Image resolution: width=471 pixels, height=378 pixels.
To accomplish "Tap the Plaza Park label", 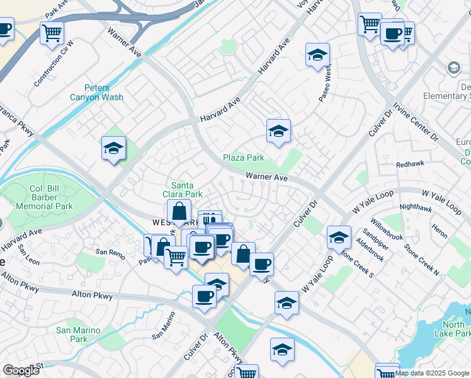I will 244,157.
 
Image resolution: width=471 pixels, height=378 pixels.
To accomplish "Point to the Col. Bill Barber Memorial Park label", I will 52,198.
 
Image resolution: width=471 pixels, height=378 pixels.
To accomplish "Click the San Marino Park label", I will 79,334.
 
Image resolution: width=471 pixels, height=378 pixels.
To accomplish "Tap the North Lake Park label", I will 452,328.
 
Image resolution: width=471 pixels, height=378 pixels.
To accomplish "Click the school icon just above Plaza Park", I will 278,132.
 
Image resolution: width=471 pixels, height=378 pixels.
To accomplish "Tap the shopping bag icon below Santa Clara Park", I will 179,212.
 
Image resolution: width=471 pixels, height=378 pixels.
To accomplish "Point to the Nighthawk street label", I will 415,206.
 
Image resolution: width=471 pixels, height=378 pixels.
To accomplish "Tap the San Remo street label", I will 110,252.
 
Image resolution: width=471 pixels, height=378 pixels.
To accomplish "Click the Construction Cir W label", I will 54,64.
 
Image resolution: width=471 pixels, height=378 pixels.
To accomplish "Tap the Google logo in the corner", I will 21,370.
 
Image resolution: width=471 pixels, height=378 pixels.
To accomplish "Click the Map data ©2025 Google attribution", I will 432,373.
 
